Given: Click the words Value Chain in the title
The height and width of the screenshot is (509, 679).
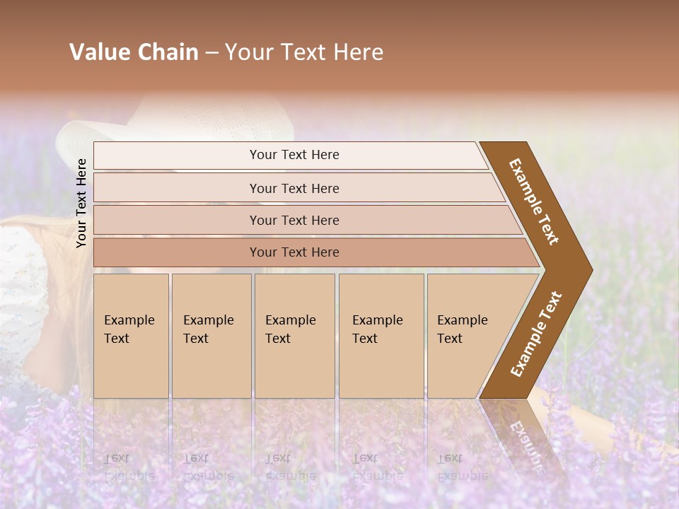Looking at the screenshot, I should pos(134,52).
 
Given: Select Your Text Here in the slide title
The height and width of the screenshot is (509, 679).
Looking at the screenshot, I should pos(304,52).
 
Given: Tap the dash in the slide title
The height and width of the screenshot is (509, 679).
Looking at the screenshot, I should pos(211,53).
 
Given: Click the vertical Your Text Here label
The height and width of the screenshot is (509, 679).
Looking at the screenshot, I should pos(81,203).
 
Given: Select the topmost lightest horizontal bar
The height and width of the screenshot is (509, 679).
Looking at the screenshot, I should pos(294,155).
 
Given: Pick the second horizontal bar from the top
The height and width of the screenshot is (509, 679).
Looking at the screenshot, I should pos(294,188).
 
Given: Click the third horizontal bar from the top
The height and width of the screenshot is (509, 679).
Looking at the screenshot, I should pos(294,220).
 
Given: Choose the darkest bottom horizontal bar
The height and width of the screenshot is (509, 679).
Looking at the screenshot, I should pos(294,252).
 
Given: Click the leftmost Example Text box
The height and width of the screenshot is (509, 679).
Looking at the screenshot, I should pos(131,335).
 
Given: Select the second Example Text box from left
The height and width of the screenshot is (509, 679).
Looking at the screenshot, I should pos(211,335).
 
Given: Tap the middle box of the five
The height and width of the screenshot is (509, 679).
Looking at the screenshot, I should pos(294,335).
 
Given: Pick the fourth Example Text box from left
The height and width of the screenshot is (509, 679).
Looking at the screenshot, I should pos(381,335).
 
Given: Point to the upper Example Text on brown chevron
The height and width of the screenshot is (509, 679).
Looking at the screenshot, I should pos(534,201).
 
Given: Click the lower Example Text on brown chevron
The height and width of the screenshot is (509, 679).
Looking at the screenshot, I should pos(536,334).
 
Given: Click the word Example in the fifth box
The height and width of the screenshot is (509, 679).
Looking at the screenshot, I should pos(463,320).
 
